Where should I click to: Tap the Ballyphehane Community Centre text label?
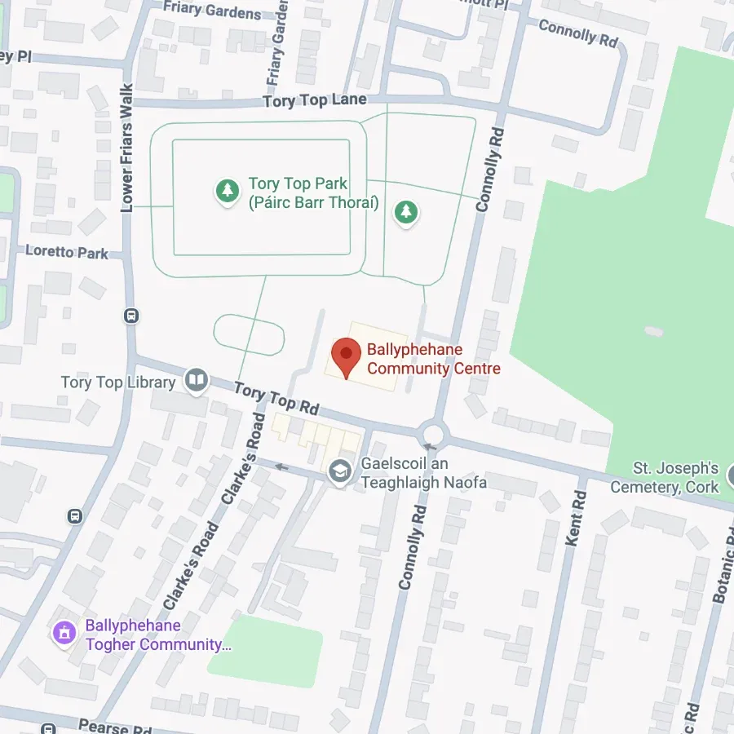tap(433, 360)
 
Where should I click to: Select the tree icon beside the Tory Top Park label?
tap(227, 192)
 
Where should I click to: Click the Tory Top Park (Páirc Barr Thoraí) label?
tap(313, 193)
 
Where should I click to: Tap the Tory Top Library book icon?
tap(196, 381)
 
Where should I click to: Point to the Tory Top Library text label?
tap(118, 382)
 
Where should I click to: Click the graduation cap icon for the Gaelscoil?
tap(339, 471)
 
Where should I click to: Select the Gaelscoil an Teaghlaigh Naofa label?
tap(423, 473)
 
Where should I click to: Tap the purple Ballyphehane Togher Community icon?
tap(64, 634)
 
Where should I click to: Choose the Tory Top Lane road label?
tap(315, 100)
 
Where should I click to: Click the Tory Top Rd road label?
tap(276, 398)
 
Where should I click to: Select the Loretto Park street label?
tap(66, 252)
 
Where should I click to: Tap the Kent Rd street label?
tap(576, 519)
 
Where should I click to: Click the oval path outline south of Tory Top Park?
tap(249, 334)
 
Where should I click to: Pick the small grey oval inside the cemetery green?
tap(653, 331)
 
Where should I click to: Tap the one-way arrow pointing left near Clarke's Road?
tap(282, 466)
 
